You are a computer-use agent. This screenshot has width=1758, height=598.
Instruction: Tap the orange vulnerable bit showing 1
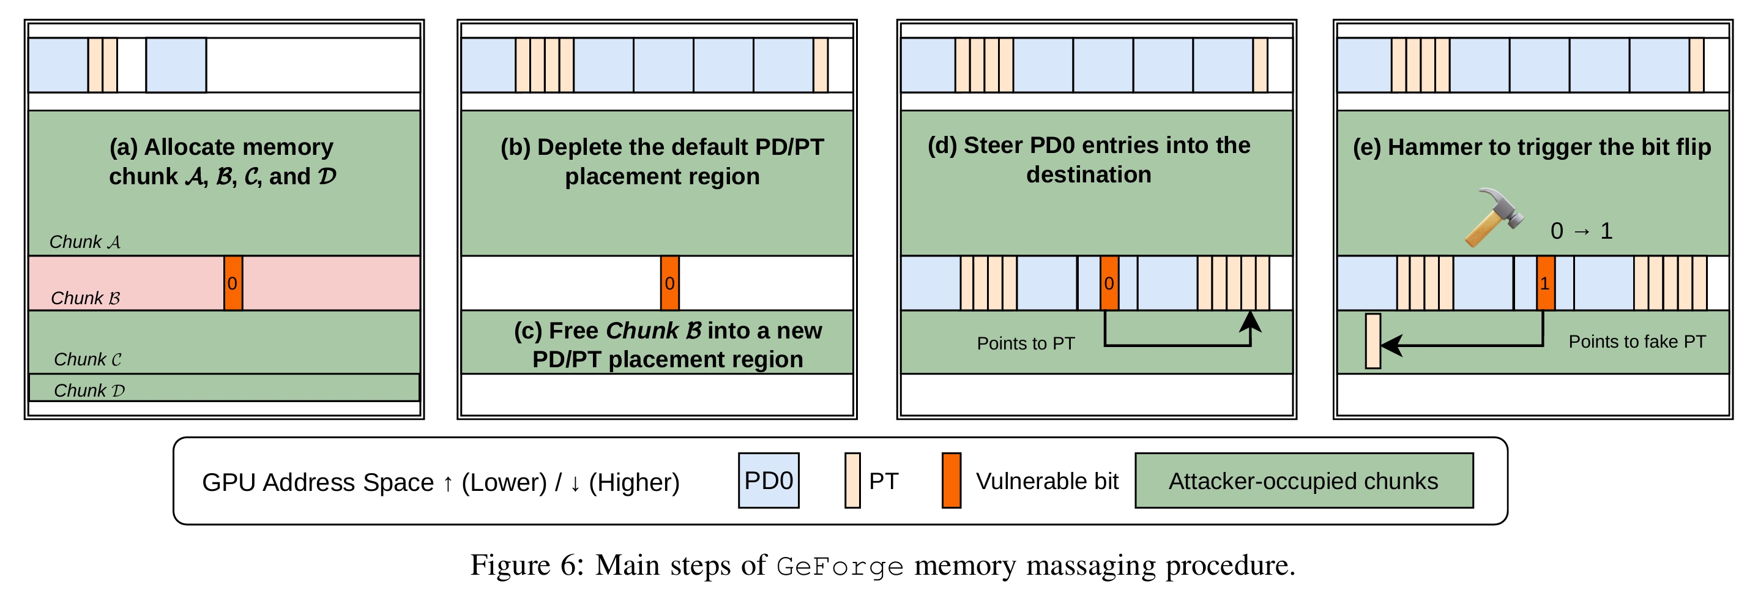tap(1546, 283)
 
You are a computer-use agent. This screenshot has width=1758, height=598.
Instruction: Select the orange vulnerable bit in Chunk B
tap(233, 283)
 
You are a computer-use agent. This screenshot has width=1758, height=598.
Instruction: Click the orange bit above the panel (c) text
tap(670, 283)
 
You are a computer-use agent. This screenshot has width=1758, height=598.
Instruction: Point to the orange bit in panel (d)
tap(1109, 283)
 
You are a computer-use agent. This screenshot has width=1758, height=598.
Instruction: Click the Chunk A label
tap(84, 242)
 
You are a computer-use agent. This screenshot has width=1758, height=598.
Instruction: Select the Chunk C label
tap(88, 360)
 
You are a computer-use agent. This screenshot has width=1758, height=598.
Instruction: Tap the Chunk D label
tap(89, 391)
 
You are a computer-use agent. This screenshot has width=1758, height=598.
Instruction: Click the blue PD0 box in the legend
tap(769, 480)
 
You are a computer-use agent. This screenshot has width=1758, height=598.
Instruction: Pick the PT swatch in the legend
tap(852, 480)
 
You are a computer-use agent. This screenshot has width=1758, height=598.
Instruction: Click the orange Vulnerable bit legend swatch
tap(952, 480)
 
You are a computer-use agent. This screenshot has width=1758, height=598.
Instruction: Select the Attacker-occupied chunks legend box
tap(1303, 480)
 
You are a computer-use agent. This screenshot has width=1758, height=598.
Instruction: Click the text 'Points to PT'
tap(1026, 343)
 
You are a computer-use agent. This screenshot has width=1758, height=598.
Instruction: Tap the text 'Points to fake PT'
tap(1636, 342)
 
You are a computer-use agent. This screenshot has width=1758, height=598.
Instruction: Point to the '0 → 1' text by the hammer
tap(1581, 231)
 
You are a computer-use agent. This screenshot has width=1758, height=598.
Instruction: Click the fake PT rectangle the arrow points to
tap(1373, 342)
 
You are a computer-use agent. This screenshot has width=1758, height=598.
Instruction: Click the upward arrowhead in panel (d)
tap(1250, 321)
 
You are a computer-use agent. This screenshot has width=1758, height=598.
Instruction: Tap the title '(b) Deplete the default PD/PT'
tap(662, 148)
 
